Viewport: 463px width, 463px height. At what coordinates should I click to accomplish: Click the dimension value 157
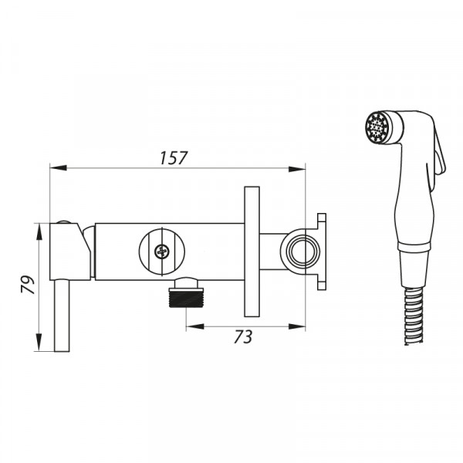pyautogui.click(x=174, y=158)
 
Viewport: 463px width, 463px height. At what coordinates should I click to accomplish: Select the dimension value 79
pyautogui.click(x=28, y=285)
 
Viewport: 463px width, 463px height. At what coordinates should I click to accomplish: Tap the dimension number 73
pyautogui.click(x=243, y=337)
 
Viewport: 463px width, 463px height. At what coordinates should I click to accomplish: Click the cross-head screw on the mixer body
pyautogui.click(x=162, y=252)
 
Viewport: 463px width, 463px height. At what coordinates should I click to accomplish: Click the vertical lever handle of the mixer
pyautogui.click(x=62, y=316)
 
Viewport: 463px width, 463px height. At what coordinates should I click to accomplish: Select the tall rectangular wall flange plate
pyautogui.click(x=252, y=252)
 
